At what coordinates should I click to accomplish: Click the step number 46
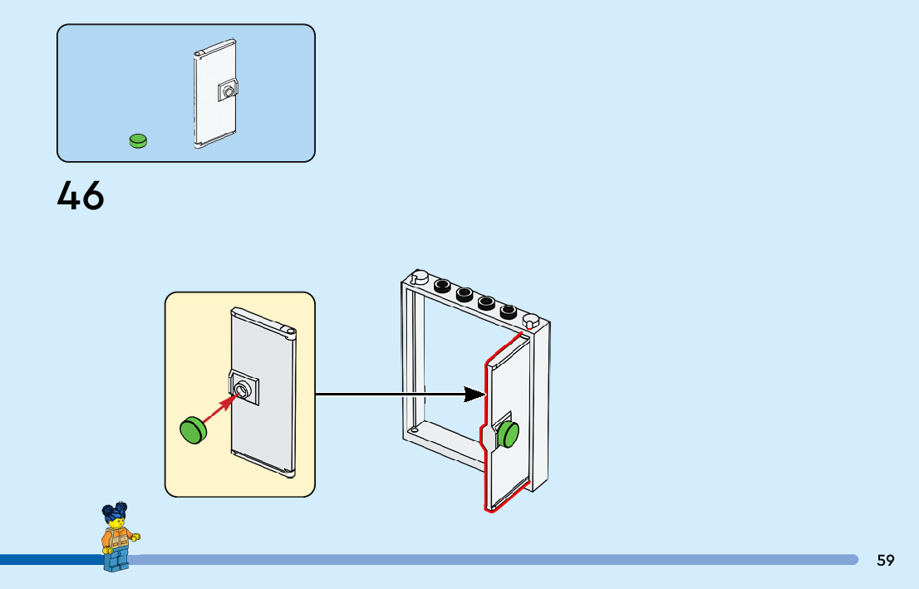tap(81, 196)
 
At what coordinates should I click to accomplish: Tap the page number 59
tap(885, 560)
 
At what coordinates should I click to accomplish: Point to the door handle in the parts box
tap(227, 90)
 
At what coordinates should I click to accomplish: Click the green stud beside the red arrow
tap(193, 429)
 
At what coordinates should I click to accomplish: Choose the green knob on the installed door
tap(508, 434)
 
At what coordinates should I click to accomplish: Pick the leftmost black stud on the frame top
tap(443, 286)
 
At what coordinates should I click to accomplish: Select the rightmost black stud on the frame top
tap(509, 312)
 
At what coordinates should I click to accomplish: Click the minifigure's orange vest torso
tap(115, 539)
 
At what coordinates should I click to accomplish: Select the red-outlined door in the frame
tap(507, 390)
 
